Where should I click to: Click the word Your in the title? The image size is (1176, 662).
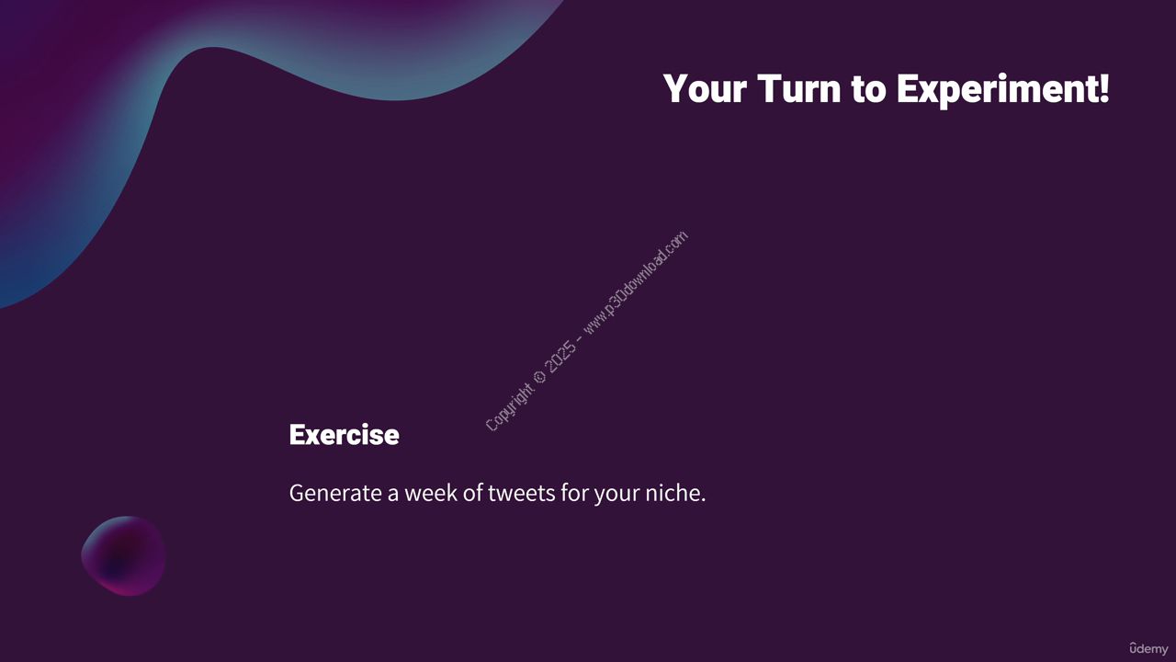pyautogui.click(x=705, y=89)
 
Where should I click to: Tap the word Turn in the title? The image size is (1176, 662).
pyautogui.click(x=799, y=88)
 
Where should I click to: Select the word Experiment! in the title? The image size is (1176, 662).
pyautogui.click(x=1002, y=90)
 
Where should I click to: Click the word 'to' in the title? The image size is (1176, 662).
pyautogui.click(x=869, y=90)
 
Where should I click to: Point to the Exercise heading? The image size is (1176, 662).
pyautogui.click(x=344, y=435)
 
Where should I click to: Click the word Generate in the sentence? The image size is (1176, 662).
pyautogui.click(x=335, y=493)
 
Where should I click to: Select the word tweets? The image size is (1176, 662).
pyautogui.click(x=521, y=494)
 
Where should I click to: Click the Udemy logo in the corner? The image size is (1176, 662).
pyautogui.click(x=1148, y=649)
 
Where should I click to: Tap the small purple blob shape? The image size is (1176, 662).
pyautogui.click(x=123, y=556)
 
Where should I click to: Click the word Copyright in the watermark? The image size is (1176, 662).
pyautogui.click(x=508, y=407)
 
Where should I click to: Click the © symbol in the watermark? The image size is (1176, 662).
pyautogui.click(x=539, y=377)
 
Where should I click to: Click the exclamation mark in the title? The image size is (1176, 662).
pyautogui.click(x=1103, y=87)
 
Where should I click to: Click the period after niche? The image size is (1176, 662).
pyautogui.click(x=703, y=501)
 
